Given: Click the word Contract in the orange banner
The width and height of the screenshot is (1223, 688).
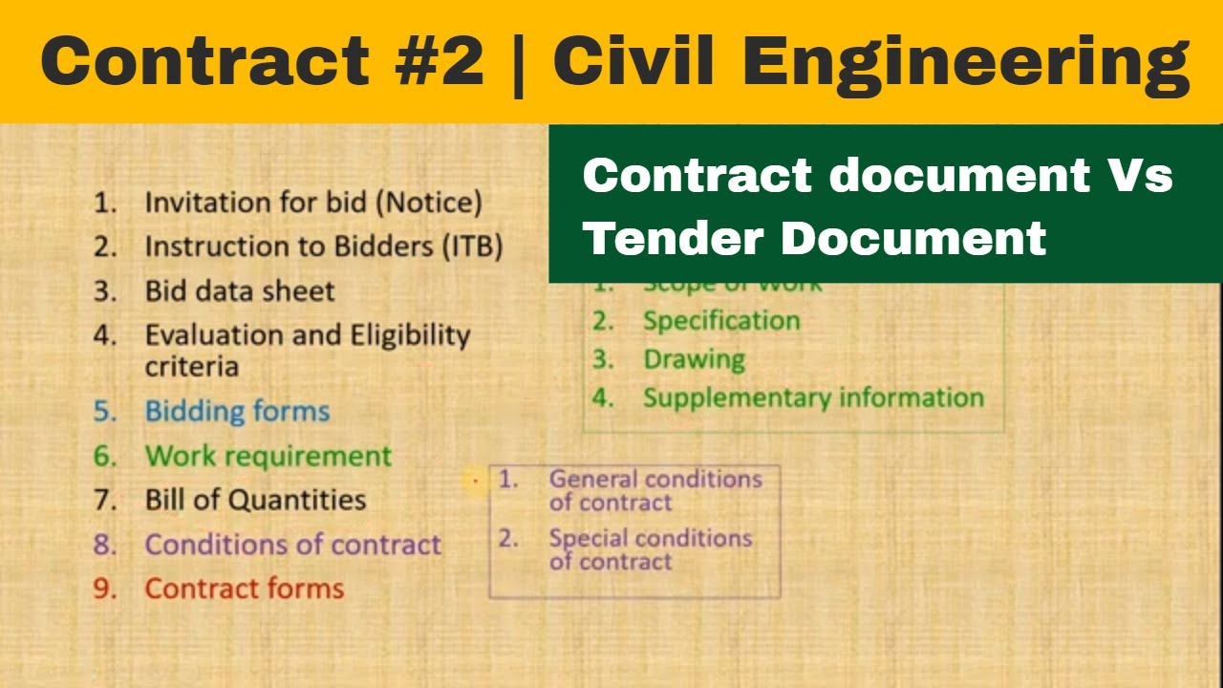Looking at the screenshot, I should pos(204,62).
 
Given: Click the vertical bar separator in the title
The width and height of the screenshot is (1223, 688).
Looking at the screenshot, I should pos(518,62).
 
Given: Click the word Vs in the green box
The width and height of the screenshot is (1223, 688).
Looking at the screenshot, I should pos(1139,176).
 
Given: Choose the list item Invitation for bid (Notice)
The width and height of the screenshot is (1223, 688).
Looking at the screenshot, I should pos(312,203).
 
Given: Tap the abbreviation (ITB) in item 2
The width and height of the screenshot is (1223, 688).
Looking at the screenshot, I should pos(472,247).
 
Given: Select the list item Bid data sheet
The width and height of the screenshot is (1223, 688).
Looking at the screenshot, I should pos(239,291).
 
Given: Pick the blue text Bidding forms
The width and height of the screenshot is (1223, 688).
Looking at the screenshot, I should pos(237,411).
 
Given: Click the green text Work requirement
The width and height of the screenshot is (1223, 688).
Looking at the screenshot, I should pos(268,456).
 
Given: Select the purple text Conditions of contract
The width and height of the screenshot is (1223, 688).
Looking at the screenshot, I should pos(292,545).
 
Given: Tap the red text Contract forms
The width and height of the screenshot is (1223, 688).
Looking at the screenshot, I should pos(244,589).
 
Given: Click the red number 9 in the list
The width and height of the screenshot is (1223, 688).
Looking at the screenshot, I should pos(103,589).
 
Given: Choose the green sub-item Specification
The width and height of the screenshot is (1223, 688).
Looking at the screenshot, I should pos(720,321).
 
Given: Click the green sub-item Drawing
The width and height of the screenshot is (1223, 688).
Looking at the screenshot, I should pos(694,360).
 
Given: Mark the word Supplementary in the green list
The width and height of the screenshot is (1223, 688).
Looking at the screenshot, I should pos(731,398).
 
